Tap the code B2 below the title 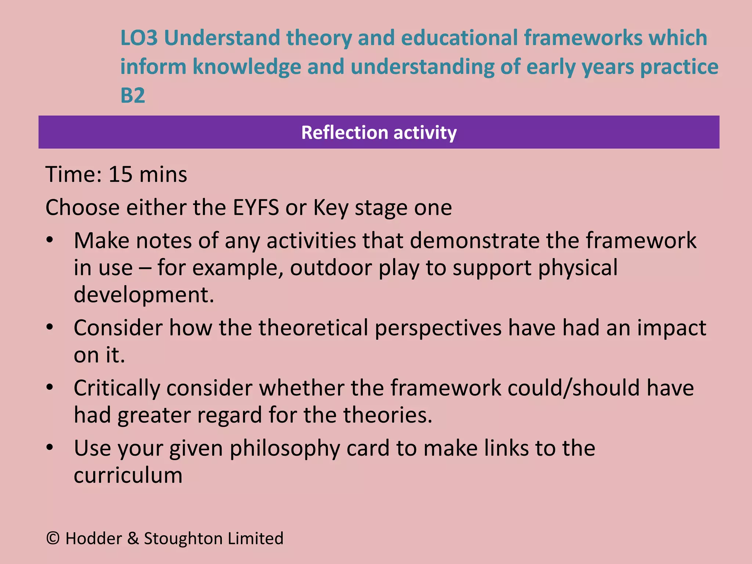[133, 95]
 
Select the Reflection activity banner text [379, 132]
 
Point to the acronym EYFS [256, 207]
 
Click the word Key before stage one [330, 208]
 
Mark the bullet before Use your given [50, 448]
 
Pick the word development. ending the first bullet [144, 294]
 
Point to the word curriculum [128, 476]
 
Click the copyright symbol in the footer [53, 538]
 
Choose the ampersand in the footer [133, 539]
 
